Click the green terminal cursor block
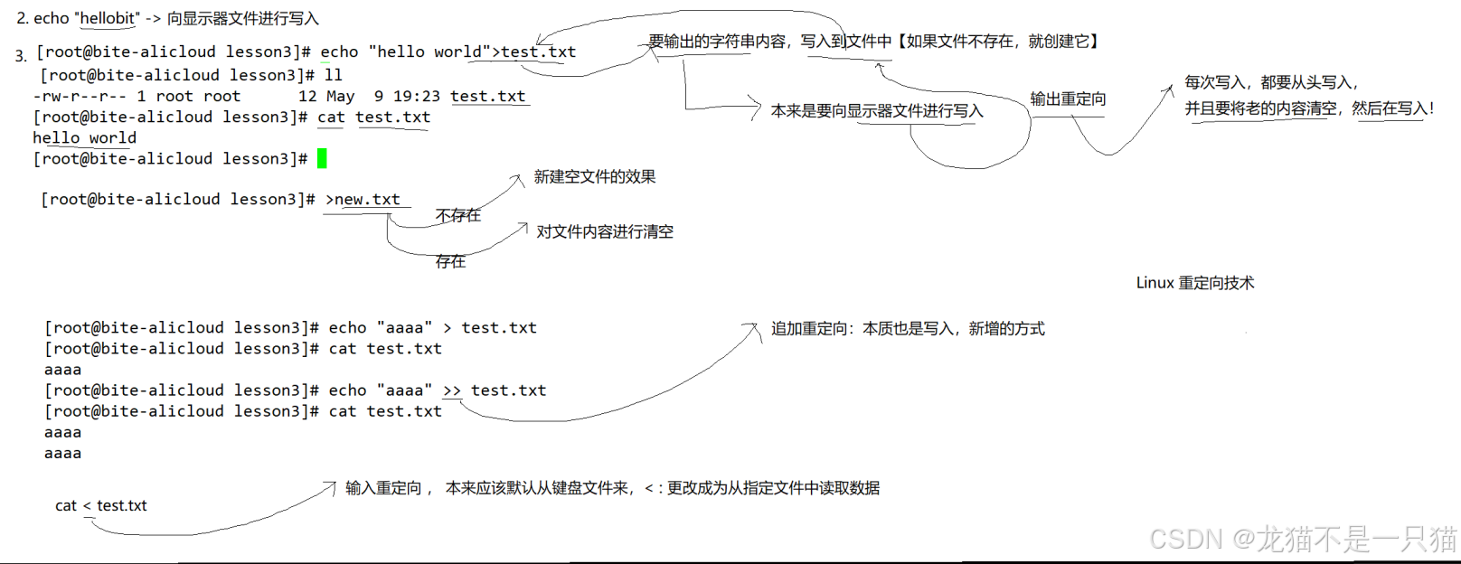pyautogui.click(x=322, y=159)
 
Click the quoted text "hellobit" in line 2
pyautogui.click(x=108, y=18)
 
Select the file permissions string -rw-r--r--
pyautogui.click(x=80, y=96)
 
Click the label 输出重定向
pyautogui.click(x=1068, y=99)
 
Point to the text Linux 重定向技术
pyautogui.click(x=1194, y=283)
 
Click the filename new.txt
pyautogui.click(x=367, y=199)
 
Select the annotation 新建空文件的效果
pyautogui.click(x=595, y=176)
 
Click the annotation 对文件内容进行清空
pyautogui.click(x=605, y=231)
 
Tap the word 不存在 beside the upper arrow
pyautogui.click(x=458, y=215)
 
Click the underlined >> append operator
pyautogui.click(x=452, y=390)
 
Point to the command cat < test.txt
pyautogui.click(x=100, y=505)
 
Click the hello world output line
pyautogui.click(x=84, y=137)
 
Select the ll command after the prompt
pyautogui.click(x=333, y=75)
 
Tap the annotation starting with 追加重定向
pyautogui.click(x=907, y=328)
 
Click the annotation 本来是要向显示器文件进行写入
pyautogui.click(x=876, y=110)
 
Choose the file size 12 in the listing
pyautogui.click(x=307, y=96)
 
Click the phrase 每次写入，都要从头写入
pyautogui.click(x=1271, y=82)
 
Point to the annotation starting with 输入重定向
pyautogui.click(x=612, y=488)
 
